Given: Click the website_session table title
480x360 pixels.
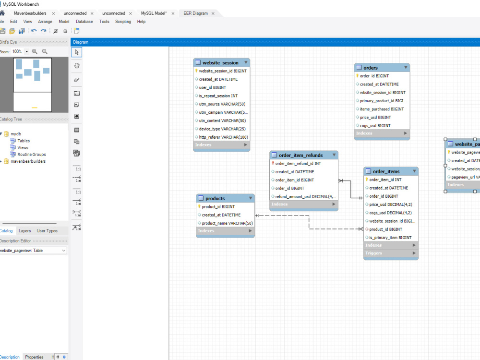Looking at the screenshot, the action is click(220, 63).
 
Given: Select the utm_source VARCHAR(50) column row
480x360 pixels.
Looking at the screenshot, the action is click(222, 104).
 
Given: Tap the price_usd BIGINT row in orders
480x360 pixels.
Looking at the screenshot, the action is click(375, 117).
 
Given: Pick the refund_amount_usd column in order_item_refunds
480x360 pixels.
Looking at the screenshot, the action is click(305, 196).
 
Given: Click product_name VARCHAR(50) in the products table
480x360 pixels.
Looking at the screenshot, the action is click(227, 223).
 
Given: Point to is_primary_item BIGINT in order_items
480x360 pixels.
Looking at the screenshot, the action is click(390, 238).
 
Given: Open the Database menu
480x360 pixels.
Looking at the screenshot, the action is click(84, 22).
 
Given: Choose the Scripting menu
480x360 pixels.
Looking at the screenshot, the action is click(123, 22).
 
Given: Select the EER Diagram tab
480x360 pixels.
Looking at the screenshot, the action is click(196, 13).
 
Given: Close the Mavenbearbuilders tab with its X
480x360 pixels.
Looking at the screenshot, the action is click(53, 13).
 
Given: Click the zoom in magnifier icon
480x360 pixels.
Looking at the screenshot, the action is click(35, 51).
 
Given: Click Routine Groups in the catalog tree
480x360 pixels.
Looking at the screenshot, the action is click(32, 155).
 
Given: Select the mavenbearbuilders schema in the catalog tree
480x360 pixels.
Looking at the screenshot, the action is click(28, 161).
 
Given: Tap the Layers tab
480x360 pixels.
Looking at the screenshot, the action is click(24, 231).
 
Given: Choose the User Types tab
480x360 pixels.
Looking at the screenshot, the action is click(47, 231).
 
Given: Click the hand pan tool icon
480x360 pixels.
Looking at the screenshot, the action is click(76, 65).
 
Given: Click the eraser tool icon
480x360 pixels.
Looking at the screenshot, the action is click(76, 80).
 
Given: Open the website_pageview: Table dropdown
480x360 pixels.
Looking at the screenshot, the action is click(33, 251).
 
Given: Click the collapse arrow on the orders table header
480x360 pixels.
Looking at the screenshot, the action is click(406, 67).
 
